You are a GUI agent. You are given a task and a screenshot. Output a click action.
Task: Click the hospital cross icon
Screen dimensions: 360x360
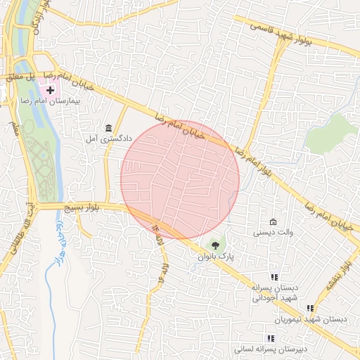49,91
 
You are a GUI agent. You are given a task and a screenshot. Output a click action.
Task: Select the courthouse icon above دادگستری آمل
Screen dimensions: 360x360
108,127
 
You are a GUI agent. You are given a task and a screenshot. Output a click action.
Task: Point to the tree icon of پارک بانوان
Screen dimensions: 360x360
214,245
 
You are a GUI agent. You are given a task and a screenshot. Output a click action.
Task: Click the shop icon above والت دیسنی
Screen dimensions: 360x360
274,221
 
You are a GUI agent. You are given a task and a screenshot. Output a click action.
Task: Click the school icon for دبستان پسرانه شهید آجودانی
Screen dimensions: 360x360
274,277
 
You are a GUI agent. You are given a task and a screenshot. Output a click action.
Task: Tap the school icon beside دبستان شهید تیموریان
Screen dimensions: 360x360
309,308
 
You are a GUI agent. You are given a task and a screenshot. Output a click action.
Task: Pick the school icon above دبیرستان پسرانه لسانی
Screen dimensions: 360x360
271,338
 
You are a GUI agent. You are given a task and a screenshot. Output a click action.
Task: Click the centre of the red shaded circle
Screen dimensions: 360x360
180,179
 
